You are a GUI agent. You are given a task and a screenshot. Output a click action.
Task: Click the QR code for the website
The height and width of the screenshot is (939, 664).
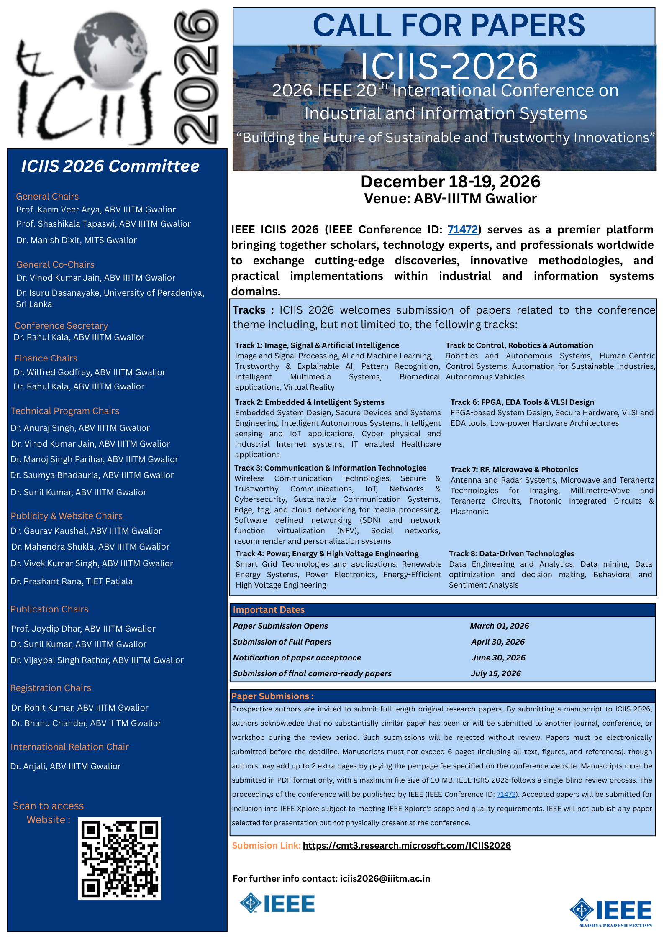point(119,858)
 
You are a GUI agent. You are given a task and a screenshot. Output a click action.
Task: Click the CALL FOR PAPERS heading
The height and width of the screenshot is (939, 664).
point(449,26)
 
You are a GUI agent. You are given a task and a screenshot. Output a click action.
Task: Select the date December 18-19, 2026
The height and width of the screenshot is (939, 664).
point(450,182)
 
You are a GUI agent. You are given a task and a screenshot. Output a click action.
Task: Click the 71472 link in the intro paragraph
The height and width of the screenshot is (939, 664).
point(462,230)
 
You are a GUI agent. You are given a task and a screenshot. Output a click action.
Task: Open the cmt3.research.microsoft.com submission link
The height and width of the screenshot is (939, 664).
point(407,845)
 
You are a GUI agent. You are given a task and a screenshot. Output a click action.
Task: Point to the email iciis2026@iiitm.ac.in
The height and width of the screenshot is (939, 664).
point(385,878)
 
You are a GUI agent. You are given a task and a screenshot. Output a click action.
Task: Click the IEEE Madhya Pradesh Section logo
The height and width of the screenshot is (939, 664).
point(610,912)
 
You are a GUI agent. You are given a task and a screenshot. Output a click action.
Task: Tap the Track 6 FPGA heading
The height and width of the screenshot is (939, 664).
point(522,402)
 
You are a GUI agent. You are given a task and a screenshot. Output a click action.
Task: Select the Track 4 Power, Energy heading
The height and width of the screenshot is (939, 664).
point(327,553)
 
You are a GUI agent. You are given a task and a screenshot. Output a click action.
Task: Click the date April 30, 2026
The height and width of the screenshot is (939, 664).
point(497,642)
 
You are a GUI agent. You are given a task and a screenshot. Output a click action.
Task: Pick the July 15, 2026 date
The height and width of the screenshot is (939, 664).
point(496,673)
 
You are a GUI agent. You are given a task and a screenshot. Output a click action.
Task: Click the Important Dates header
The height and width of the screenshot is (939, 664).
point(269,609)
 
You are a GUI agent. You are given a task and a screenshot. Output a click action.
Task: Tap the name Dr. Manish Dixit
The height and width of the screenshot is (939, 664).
point(77,240)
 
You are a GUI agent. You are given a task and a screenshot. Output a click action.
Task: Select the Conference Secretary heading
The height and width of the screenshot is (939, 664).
point(61,325)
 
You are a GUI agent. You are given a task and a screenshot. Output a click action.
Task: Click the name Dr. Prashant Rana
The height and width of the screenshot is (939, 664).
point(72,581)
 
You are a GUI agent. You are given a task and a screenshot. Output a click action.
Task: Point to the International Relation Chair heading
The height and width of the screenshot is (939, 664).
point(69,747)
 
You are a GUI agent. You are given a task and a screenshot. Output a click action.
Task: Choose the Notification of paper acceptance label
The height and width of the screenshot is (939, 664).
point(297,658)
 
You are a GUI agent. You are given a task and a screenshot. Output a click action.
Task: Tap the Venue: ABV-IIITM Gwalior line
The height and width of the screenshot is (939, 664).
point(450,198)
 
